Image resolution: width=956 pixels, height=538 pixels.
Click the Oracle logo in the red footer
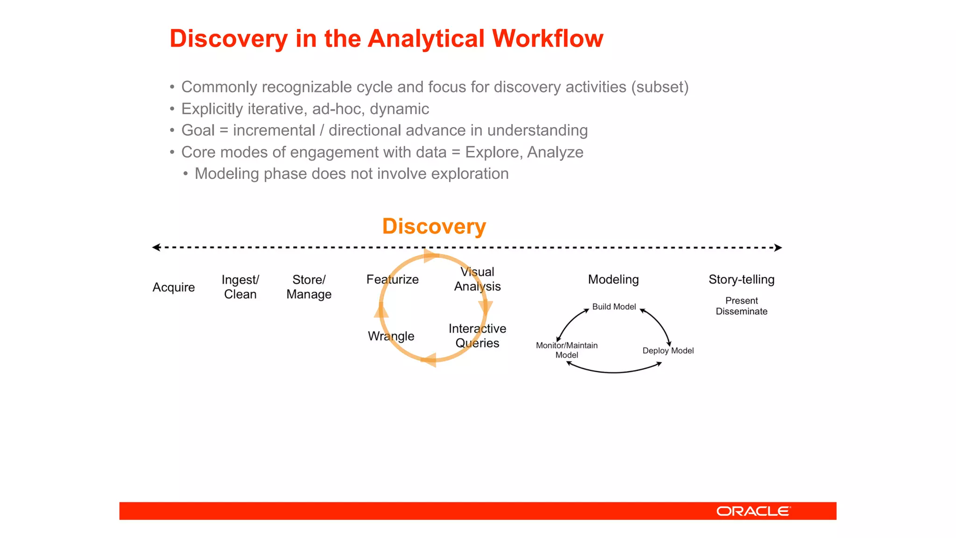coord(753,511)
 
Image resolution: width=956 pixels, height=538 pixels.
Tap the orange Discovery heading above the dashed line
coord(434,227)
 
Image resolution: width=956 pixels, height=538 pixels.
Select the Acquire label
coord(174,287)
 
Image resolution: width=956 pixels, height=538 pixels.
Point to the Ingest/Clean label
coord(240,287)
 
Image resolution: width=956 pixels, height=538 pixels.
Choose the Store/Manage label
coord(309,287)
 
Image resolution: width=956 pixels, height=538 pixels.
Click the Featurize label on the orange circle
coord(392,279)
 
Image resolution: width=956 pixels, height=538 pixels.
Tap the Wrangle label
coord(391,336)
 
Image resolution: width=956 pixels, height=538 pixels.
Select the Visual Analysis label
coord(477,279)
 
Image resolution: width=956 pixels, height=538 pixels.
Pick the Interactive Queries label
coord(477,336)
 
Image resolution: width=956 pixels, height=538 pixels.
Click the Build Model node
coord(614,307)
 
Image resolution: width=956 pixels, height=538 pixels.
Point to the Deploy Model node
coord(668,351)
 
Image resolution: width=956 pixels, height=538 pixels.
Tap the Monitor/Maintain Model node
coord(567,350)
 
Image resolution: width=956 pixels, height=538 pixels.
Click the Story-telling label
coord(741,279)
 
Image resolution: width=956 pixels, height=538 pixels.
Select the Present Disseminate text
coord(741,306)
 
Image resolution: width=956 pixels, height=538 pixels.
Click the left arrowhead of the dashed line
coord(156,247)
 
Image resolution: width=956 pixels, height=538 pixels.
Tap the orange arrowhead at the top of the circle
coord(430,255)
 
